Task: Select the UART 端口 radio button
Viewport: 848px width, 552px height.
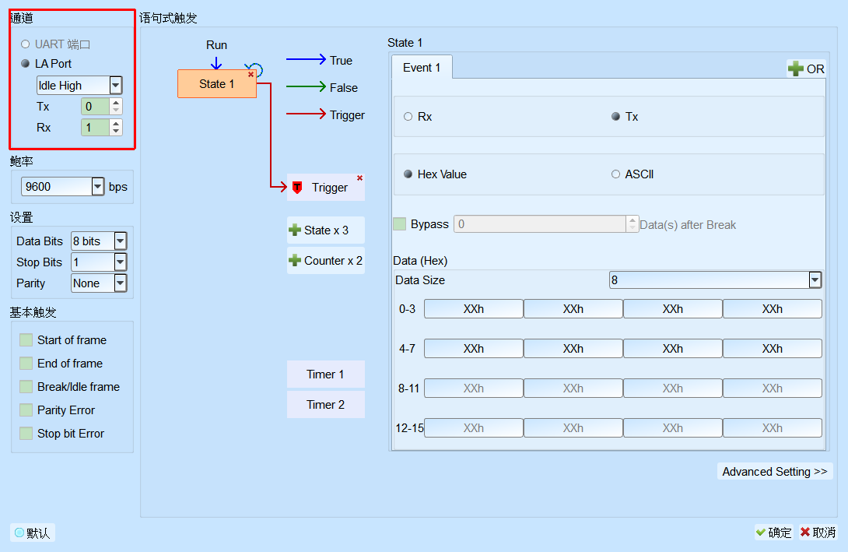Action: (26, 44)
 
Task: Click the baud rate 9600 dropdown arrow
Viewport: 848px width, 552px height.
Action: (97, 187)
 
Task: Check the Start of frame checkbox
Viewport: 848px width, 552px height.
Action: (26, 340)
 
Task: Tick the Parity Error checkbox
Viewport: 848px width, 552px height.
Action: (26, 410)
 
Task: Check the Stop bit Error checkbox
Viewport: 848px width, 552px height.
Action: (26, 434)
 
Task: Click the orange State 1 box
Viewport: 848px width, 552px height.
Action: (217, 84)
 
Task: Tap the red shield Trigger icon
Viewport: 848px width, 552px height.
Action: (297, 188)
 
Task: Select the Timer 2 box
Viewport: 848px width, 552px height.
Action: (325, 405)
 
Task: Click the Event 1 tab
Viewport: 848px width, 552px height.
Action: (422, 68)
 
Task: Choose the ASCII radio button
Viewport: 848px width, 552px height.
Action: (615, 174)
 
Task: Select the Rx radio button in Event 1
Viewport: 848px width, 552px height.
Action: (408, 117)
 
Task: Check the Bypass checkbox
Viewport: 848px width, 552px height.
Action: (400, 224)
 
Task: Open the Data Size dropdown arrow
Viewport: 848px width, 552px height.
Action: (815, 280)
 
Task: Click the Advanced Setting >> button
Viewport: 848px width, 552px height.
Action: (775, 471)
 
